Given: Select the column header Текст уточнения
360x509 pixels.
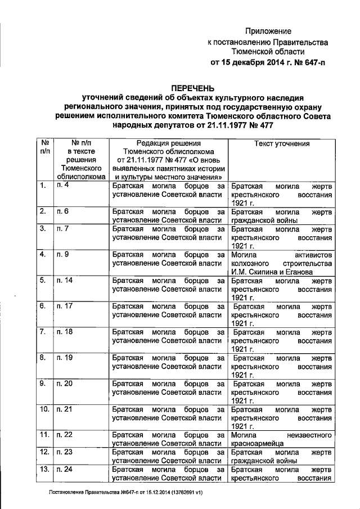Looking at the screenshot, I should (x=282, y=144).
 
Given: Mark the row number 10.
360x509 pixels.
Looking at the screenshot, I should (x=44, y=409).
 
